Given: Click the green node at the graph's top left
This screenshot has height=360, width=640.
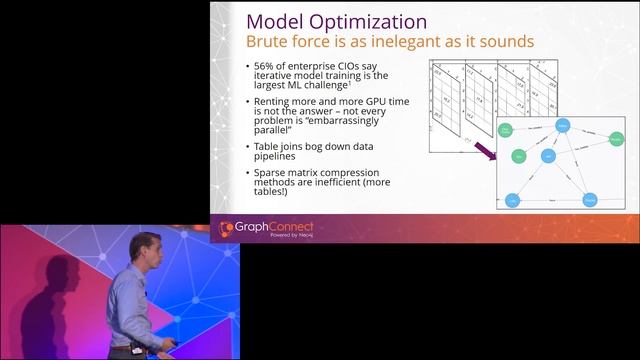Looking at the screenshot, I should pos(507,131).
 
